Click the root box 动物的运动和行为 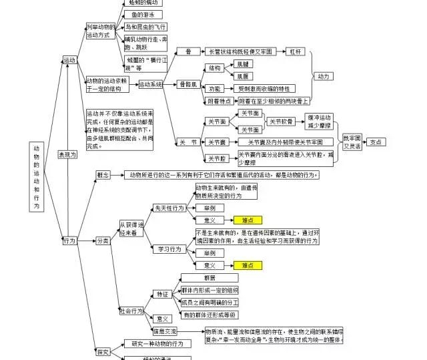pos(36,178)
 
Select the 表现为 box pos(67,154)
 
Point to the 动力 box pos(324,76)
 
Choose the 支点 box pos(376,142)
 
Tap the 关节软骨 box pos(282,122)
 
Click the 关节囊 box pos(216,142)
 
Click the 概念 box pos(103,175)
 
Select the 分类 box pos(103,240)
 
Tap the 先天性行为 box pos(169,208)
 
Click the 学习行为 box pos(169,248)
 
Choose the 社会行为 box pos(131,311)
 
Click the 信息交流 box pos(165,331)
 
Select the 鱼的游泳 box pos(143,15)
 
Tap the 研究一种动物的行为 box pos(157,343)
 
